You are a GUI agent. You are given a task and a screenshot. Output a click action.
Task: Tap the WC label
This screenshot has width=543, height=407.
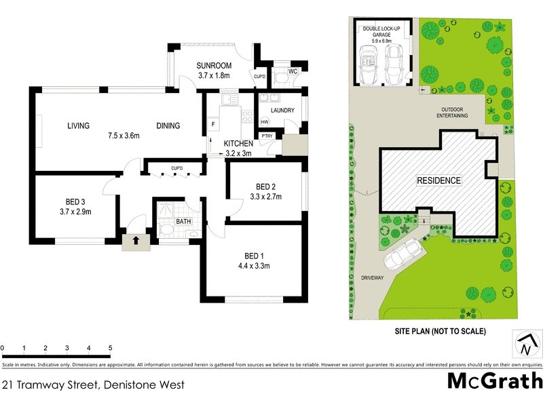pyautogui.click(x=293, y=71)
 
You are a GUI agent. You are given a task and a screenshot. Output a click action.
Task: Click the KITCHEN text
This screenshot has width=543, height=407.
pyautogui.click(x=238, y=144)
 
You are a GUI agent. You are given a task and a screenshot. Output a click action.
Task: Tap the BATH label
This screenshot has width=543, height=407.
pyautogui.click(x=183, y=221)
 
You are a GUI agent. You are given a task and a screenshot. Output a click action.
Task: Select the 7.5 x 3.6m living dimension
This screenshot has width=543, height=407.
pyautogui.click(x=124, y=136)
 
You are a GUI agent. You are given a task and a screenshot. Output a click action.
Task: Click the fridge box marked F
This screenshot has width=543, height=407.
pyautogui.click(x=212, y=125)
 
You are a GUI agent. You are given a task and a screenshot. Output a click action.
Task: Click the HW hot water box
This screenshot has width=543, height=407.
pyautogui.click(x=264, y=121)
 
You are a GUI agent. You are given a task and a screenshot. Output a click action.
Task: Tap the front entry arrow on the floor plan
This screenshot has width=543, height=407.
pyautogui.click(x=136, y=240)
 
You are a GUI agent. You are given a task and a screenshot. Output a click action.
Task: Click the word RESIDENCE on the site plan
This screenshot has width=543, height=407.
pyautogui.click(x=438, y=181)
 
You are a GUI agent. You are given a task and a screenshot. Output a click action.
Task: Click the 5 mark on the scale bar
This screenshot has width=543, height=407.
pyautogui.click(x=110, y=348)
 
